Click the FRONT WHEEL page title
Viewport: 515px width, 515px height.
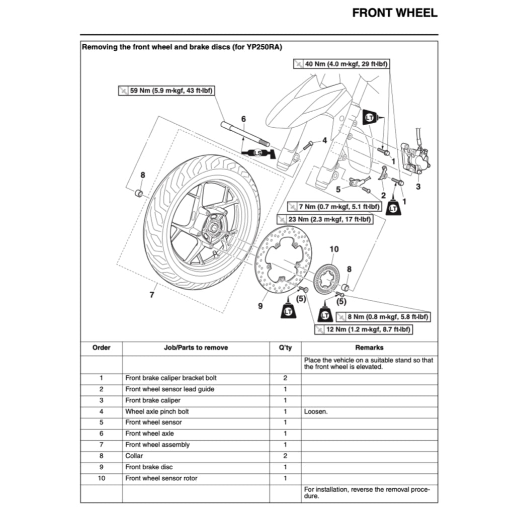click(395, 13)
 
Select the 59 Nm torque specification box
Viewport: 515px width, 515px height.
click(166, 91)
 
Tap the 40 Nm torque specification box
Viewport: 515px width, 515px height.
click(342, 64)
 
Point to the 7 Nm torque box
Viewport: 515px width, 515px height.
click(334, 207)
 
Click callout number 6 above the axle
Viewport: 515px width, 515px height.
click(243, 119)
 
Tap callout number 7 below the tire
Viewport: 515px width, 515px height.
click(152, 295)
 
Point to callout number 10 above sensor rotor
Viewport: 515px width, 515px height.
click(334, 249)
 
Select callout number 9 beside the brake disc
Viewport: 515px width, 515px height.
click(261, 305)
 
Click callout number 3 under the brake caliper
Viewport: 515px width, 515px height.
click(418, 186)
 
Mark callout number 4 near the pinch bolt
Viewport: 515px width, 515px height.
click(324, 140)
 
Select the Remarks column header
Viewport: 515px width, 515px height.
click(369, 348)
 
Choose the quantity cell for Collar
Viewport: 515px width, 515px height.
click(285, 456)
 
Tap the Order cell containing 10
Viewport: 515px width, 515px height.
click(101, 478)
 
